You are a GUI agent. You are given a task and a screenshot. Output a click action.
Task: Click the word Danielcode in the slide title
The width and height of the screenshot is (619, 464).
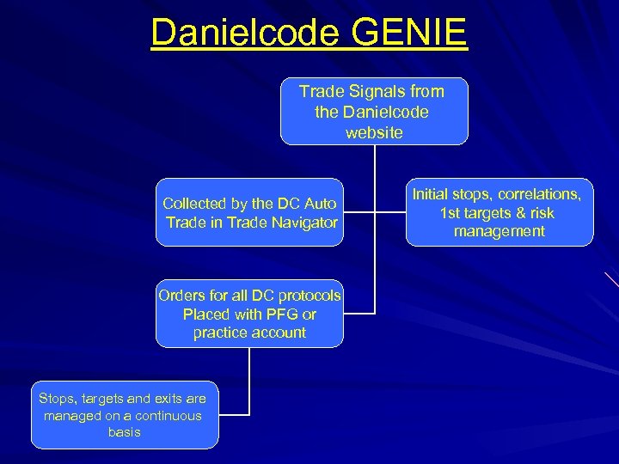242,33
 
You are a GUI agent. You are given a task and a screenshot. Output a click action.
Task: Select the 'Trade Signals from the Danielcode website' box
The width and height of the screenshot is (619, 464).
374,112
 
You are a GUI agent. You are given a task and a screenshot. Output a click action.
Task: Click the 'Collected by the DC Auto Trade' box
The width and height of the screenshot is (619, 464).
249,213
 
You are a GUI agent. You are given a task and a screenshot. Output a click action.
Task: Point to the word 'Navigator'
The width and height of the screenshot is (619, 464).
305,222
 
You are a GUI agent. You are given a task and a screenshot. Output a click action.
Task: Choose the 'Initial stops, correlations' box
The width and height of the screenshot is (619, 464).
499,212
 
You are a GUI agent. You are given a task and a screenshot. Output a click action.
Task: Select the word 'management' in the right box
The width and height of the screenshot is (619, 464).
499,231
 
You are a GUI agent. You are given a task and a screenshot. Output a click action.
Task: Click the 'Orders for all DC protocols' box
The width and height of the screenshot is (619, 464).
249,314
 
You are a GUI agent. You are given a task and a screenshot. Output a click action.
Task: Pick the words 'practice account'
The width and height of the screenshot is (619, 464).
249,332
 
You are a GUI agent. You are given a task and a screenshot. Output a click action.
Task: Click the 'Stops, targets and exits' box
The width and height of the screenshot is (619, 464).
125,415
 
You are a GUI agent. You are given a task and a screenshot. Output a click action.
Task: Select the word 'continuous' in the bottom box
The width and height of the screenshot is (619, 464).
169,416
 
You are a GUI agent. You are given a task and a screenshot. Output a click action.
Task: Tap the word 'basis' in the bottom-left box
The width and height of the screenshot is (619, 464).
125,432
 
